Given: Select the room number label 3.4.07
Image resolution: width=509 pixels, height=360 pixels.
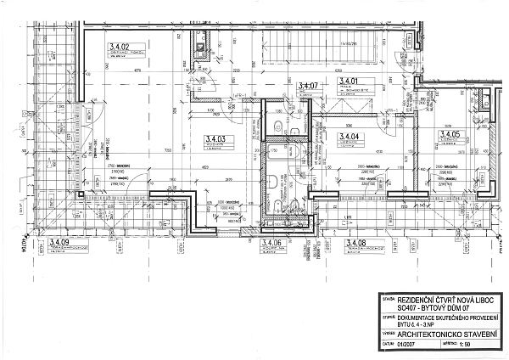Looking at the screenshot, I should pyautogui.click(x=307, y=86).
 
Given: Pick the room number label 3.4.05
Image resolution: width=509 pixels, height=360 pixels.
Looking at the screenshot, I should pyautogui.click(x=449, y=134).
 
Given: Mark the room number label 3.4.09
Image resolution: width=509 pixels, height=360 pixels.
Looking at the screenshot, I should pyautogui.click(x=63, y=244).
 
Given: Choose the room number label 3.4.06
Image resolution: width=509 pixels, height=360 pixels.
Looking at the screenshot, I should pyautogui.click(x=271, y=244).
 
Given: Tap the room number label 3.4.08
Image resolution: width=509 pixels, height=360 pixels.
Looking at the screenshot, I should pyautogui.click(x=355, y=244).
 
